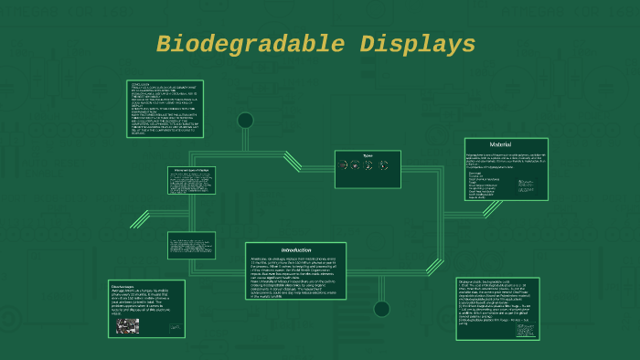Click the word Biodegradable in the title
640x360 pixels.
point(241,45)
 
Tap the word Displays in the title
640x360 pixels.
point(417,45)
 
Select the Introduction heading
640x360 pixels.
point(296,249)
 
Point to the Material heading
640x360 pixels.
point(501,144)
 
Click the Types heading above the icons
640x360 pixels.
point(368,154)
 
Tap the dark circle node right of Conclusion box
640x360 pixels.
point(245,121)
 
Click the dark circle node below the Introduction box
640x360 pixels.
point(381,309)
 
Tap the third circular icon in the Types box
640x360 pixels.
point(370,165)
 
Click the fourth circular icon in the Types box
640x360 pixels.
point(383,165)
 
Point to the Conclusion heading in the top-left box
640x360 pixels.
point(141,84)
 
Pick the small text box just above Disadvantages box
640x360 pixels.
point(191,244)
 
